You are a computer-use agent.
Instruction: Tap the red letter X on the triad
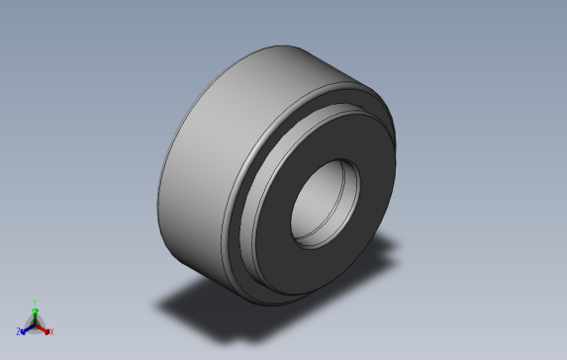click(x=51, y=332)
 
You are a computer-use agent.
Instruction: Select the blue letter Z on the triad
click(x=19, y=332)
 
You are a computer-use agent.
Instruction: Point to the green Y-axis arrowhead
click(x=35, y=309)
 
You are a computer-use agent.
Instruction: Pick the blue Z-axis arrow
click(x=27, y=328)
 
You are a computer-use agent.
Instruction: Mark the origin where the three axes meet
click(x=36, y=323)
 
